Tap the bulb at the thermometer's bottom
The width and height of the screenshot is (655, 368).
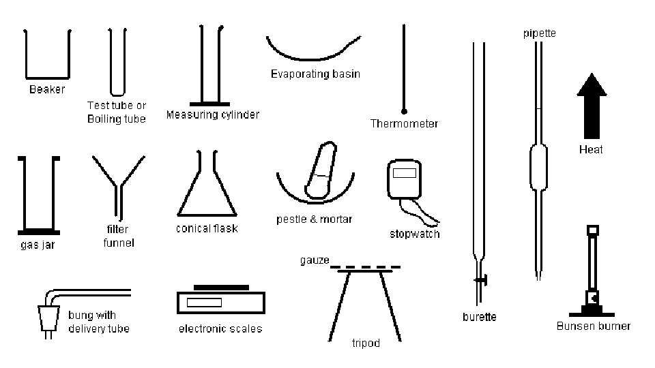tap(404, 110)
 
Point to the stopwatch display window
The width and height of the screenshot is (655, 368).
tap(405, 173)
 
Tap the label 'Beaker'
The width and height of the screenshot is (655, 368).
tap(47, 89)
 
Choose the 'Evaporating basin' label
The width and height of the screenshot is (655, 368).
tap(315, 74)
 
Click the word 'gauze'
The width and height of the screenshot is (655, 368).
tap(315, 260)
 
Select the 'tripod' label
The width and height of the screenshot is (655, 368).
tap(366, 343)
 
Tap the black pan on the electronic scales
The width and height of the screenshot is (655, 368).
tap(221, 287)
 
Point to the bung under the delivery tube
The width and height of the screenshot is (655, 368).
tap(47, 318)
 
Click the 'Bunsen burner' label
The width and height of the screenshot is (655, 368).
tap(593, 326)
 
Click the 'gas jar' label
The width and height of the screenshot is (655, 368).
tap(38, 245)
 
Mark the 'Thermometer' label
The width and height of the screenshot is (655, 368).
tap(404, 124)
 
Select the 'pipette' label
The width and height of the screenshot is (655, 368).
tap(539, 33)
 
